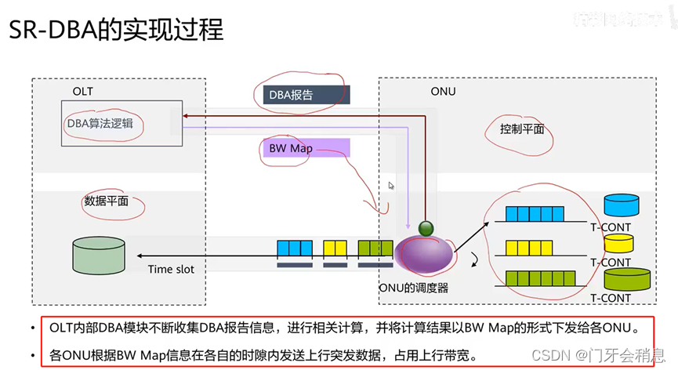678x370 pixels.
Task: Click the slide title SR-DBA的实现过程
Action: (116, 31)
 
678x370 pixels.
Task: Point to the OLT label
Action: (82, 92)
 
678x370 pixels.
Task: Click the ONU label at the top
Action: (443, 92)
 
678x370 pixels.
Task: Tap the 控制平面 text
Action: (522, 129)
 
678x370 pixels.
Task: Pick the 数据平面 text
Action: (105, 201)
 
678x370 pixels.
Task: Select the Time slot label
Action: (171, 270)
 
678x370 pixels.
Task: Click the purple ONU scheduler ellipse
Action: (424, 256)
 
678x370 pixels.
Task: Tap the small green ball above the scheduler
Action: (425, 229)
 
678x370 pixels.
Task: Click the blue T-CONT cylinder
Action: (622, 206)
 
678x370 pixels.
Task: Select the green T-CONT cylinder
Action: (627, 277)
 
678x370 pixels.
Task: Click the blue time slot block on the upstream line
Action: (295, 248)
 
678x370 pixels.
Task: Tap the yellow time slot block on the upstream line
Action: (335, 248)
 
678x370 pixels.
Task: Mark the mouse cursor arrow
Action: (391, 186)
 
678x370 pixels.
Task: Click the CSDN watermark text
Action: (549, 355)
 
